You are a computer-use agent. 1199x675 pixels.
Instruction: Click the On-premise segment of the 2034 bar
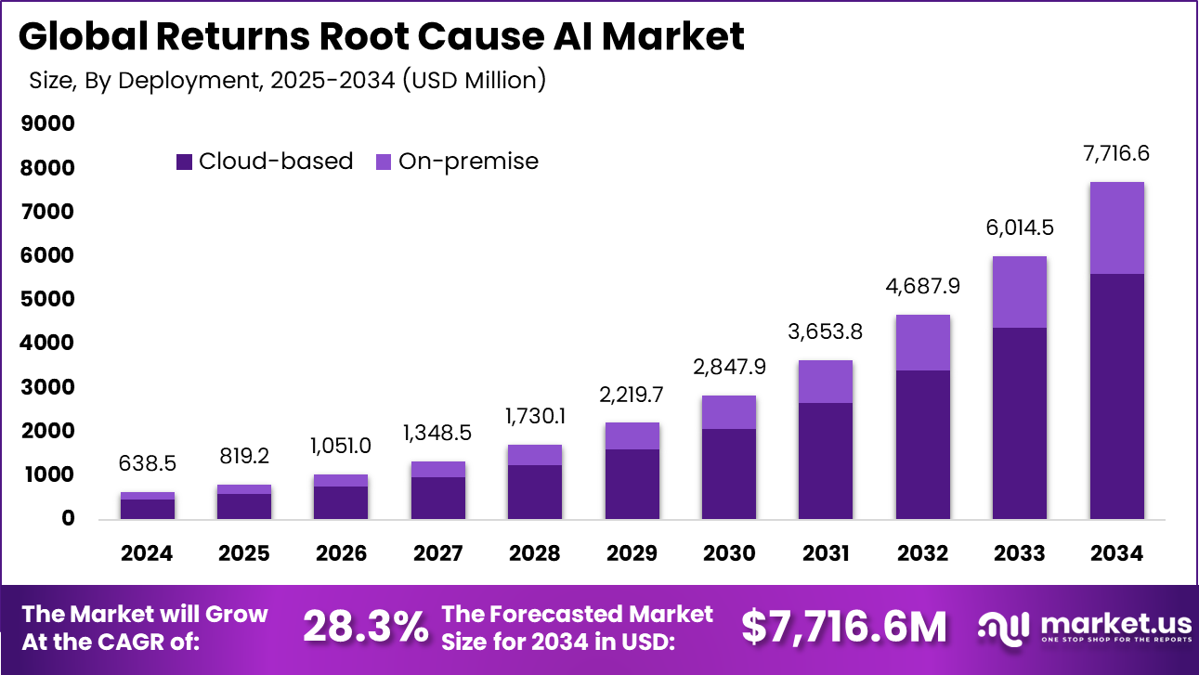[1116, 227]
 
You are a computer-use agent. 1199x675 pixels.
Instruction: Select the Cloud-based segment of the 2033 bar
[1020, 422]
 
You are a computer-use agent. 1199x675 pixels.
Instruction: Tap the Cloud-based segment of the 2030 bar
[729, 474]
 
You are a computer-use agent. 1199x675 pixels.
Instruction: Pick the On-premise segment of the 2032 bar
[923, 343]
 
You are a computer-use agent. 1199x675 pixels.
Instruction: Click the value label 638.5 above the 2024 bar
[148, 463]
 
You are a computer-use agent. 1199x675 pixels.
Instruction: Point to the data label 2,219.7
[632, 395]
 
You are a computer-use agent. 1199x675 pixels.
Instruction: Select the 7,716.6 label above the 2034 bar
[1116, 153]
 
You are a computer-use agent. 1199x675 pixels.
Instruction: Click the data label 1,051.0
[341, 446]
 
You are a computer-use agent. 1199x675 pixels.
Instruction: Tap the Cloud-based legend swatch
[184, 162]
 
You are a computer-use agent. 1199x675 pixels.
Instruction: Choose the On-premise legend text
[468, 162]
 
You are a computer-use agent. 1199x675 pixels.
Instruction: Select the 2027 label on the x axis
[438, 553]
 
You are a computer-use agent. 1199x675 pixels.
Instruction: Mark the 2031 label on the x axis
[826, 553]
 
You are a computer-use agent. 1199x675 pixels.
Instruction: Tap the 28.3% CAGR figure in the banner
[365, 629]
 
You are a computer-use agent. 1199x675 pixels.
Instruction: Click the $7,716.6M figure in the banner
[844, 629]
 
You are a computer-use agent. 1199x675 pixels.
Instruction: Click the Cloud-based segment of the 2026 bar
[341, 502]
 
